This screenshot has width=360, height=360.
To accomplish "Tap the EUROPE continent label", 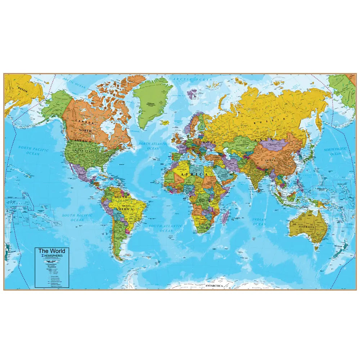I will (x=206, y=143).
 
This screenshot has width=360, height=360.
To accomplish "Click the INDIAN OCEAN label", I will (x=259, y=222).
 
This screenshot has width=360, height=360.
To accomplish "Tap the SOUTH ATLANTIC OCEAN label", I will (x=166, y=228).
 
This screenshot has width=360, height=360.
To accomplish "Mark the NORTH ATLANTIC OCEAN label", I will (x=153, y=146).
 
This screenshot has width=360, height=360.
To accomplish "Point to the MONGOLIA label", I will (x=275, y=143).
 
